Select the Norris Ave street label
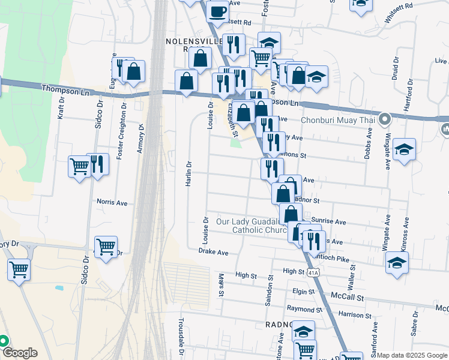(x=114, y=203)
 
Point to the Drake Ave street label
(x=214, y=253)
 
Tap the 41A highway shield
(x=313, y=272)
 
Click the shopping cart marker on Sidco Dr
(x=106, y=245)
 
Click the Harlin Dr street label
(x=188, y=172)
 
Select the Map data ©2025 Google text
(x=411, y=355)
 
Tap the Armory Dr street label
(x=142, y=138)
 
